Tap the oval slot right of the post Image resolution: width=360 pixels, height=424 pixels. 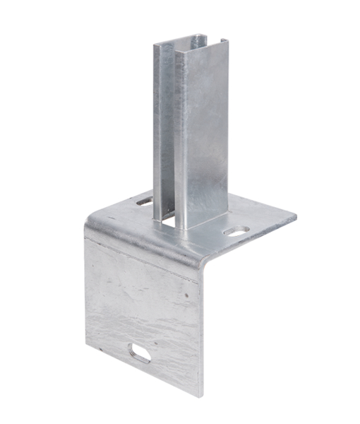236,230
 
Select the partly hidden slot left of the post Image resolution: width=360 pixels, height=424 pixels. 144,202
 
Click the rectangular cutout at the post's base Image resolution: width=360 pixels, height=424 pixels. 168,220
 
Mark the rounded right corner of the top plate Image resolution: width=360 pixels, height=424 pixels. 293,213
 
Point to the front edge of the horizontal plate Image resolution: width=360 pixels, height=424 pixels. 247,244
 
